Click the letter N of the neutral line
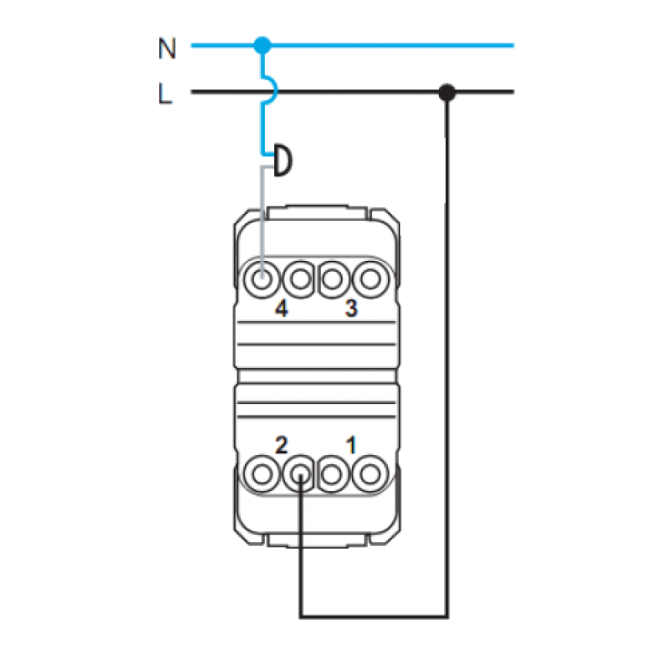[166, 49]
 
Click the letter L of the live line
[165, 94]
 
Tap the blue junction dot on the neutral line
[263, 45]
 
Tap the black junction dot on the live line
[447, 92]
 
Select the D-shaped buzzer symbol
[283, 161]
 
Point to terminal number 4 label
[281, 308]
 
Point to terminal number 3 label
[350, 308]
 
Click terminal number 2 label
[281, 446]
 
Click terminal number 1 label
[350, 446]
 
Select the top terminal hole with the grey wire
[262, 280]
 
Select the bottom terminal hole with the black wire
[300, 474]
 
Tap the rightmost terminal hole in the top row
[370, 280]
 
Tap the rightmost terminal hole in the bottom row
[370, 474]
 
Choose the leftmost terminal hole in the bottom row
[262, 474]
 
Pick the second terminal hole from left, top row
[300, 280]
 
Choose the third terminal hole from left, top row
[333, 280]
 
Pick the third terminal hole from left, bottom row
[333, 474]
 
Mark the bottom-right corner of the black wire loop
[447, 616]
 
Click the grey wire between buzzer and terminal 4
[263, 222]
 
